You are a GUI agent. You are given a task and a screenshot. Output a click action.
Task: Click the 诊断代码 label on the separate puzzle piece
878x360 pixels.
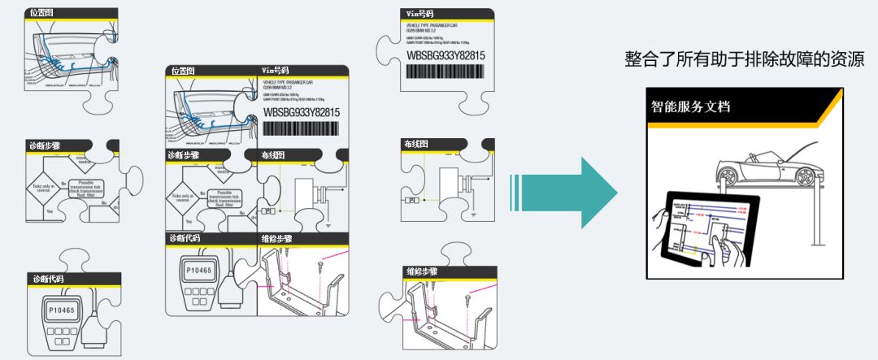coord(48,279)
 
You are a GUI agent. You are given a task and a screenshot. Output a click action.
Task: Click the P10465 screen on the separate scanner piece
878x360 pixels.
coord(61,310)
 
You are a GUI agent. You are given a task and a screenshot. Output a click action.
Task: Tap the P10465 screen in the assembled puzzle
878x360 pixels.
coord(198,269)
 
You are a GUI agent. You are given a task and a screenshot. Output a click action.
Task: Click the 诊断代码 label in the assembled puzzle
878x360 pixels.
coord(185,239)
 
